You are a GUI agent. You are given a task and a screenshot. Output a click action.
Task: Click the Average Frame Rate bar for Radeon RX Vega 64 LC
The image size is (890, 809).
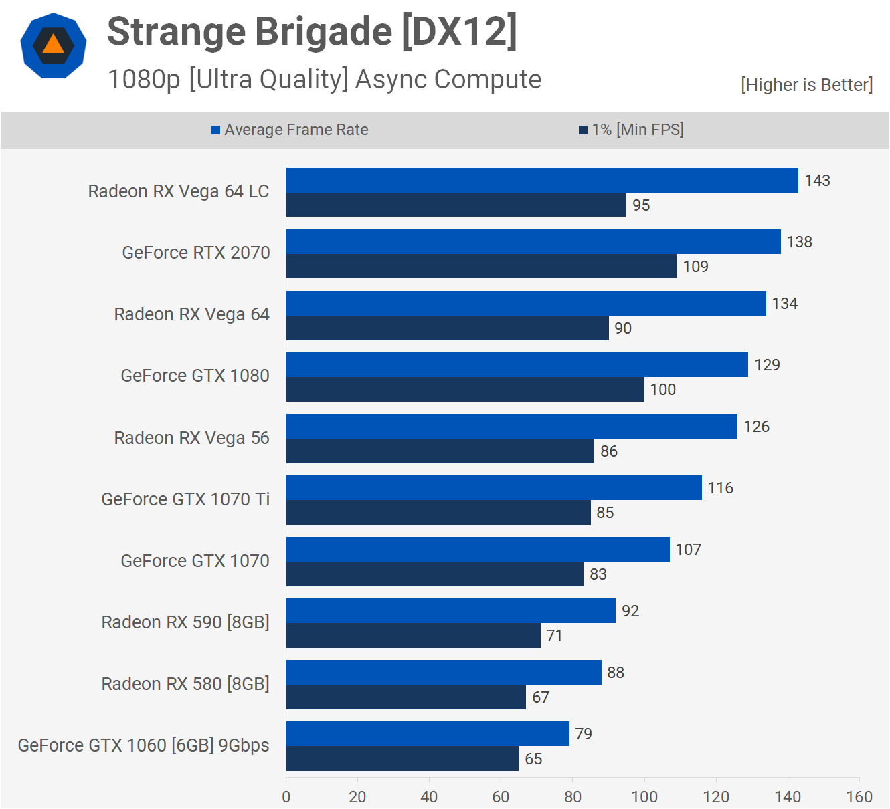[542, 180]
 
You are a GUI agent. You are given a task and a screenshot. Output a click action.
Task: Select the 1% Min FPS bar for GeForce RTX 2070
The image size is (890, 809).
[481, 266]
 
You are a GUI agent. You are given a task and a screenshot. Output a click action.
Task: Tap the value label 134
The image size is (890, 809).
[785, 304]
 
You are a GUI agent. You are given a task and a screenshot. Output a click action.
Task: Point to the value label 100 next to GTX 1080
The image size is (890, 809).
[663, 390]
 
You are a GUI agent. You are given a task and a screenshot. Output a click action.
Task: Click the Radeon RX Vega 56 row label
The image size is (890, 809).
[191, 438]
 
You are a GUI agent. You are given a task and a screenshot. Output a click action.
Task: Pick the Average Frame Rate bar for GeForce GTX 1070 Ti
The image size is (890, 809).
[494, 487]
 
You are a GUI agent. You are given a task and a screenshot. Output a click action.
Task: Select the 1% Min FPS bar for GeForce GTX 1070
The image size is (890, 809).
[435, 574]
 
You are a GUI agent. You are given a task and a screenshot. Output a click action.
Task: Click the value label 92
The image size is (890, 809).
[630, 611]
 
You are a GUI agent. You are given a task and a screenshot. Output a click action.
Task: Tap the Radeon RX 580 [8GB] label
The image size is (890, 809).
[185, 684]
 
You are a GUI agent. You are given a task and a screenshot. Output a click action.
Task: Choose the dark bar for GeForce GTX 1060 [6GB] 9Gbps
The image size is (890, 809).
[403, 758]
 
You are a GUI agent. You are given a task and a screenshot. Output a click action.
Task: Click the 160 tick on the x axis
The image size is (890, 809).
[859, 797]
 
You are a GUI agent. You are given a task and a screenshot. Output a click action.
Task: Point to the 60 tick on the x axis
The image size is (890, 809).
[501, 797]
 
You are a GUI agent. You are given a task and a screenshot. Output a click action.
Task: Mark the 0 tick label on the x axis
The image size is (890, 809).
[286, 797]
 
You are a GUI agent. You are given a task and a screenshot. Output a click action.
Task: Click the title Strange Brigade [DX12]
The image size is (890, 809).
[312, 32]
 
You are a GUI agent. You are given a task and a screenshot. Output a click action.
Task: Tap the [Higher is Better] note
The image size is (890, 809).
[806, 85]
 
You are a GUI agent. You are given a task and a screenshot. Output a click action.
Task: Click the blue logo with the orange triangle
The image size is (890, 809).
[54, 45]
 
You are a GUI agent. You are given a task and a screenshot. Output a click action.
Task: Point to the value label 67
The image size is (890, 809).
[541, 697]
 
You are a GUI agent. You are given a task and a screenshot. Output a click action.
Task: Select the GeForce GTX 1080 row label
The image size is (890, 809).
[195, 376]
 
